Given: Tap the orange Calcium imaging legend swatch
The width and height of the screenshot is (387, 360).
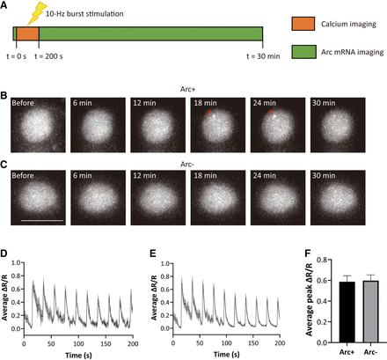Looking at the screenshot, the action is coord(303,24).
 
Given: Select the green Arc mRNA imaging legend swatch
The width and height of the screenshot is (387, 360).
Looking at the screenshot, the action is coord(303,52).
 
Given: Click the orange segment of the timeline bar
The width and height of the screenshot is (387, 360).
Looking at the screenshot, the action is coord(27,33).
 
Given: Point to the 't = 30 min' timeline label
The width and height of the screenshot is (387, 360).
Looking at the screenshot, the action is coord(263,56).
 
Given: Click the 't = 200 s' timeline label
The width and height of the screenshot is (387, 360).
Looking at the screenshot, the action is coord(48,56).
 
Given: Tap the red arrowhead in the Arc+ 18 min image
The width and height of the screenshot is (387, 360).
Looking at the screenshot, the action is coord(209,112).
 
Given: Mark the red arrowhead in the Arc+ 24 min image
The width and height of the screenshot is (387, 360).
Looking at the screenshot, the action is coord(271,112).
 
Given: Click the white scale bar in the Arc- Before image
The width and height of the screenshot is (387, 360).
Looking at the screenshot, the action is coord(42,220).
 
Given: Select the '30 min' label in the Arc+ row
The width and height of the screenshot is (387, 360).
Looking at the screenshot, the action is coord(324,103).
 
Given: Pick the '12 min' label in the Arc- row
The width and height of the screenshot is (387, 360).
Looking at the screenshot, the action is coord(144,175).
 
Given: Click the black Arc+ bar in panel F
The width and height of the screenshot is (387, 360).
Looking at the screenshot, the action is coord(347,312).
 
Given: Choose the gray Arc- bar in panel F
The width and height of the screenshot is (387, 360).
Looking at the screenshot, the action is coord(371,312).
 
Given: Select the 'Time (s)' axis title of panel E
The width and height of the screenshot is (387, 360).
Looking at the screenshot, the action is coord(226,355).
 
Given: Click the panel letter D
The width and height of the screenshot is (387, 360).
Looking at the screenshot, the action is coord(4,253).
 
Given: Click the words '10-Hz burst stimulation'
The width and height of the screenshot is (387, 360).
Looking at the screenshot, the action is coord(84,14).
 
